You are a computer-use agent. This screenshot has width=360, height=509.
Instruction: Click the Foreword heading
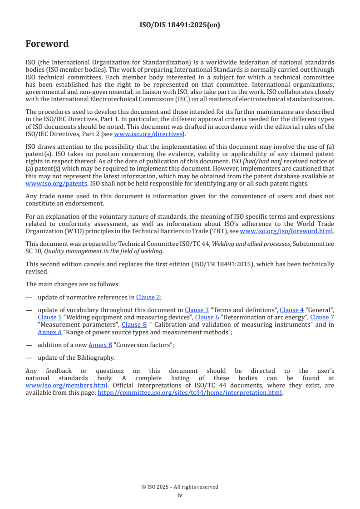[47, 44]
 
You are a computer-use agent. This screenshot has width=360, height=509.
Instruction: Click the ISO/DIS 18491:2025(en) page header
[180, 25]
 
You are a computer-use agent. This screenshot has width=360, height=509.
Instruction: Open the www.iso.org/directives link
[148, 134]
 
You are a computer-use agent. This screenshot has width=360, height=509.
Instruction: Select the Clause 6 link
[207, 318]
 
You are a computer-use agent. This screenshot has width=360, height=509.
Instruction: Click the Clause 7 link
[322, 318]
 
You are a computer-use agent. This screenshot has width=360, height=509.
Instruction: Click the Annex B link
[100, 345]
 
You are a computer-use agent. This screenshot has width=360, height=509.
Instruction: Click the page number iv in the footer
[180, 495]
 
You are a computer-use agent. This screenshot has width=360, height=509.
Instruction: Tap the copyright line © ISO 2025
[180, 487]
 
